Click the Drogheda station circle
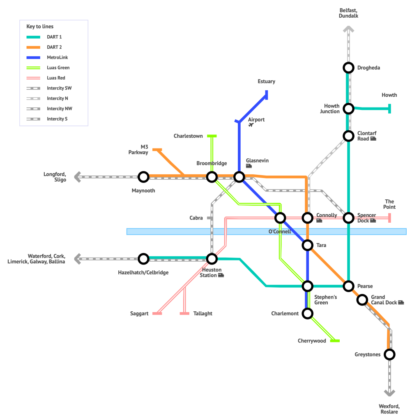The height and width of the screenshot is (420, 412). pyautogui.click(x=348, y=68)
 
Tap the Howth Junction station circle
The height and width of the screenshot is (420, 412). pyautogui.click(x=348, y=109)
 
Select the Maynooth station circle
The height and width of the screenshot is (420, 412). pyautogui.click(x=143, y=177)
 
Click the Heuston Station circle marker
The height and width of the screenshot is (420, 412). pyautogui.click(x=212, y=259)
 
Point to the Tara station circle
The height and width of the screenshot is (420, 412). pyautogui.click(x=307, y=245)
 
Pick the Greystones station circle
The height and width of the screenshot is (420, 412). pyautogui.click(x=389, y=354)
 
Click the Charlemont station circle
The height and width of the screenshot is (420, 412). pyautogui.click(x=307, y=313)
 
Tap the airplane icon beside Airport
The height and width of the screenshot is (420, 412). pyautogui.click(x=251, y=125)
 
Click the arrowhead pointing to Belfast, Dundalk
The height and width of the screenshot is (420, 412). pyautogui.click(x=348, y=29)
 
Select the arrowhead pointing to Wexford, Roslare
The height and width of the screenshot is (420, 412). pyautogui.click(x=389, y=393)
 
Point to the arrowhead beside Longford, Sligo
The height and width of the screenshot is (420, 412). pyautogui.click(x=77, y=177)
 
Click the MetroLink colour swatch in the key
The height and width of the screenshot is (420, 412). pyautogui.click(x=33, y=57)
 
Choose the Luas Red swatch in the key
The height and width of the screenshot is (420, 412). pyautogui.click(x=33, y=78)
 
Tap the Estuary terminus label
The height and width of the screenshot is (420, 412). pyautogui.click(x=266, y=81)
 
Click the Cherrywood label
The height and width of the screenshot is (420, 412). pyautogui.click(x=312, y=341)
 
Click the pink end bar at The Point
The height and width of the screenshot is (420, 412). pyautogui.click(x=389, y=218)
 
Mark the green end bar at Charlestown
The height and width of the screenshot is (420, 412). pyautogui.click(x=212, y=136)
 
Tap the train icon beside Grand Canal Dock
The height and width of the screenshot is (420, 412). pyautogui.click(x=401, y=303)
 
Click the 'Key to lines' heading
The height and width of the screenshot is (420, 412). pyautogui.click(x=40, y=27)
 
